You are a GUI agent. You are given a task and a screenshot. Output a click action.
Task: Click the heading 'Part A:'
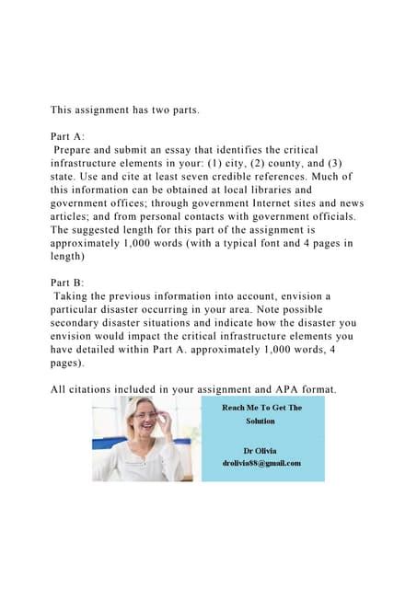pos(68,135)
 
